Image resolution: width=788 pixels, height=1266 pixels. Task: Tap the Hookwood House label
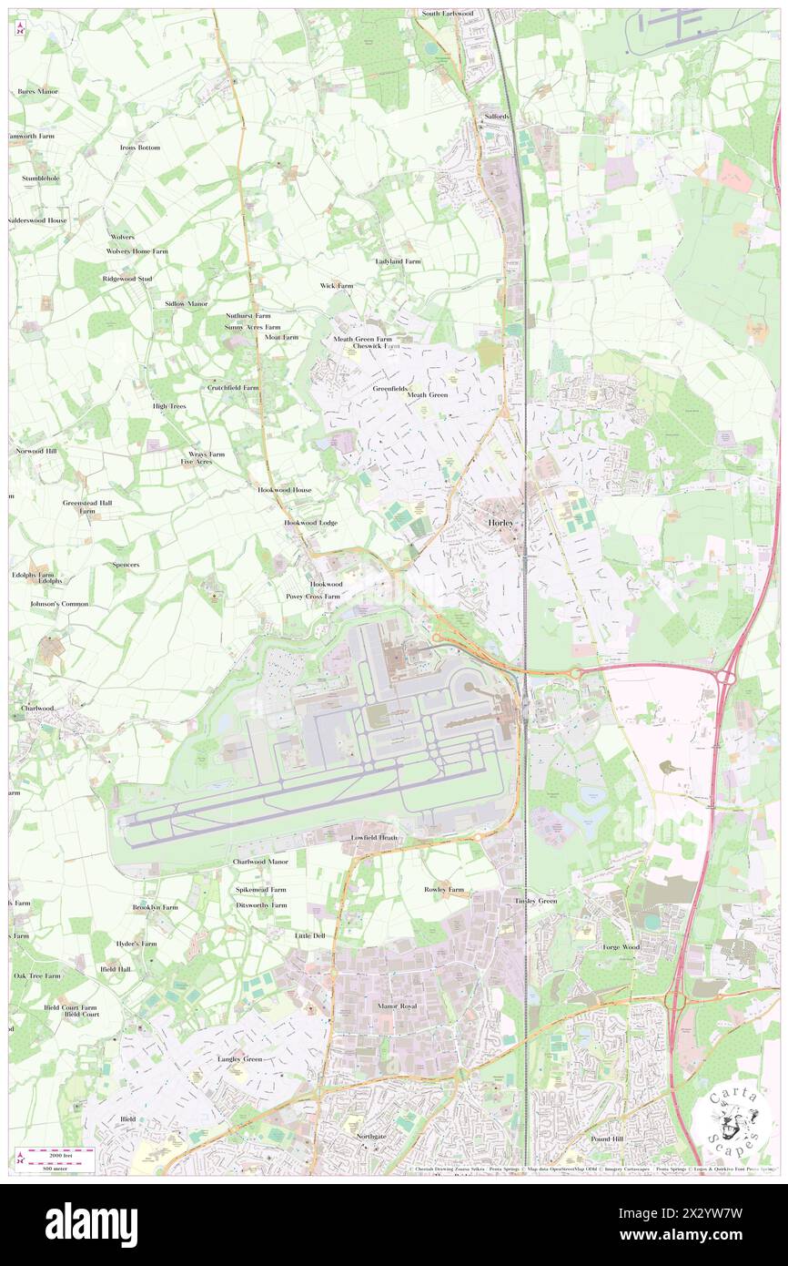point(284,490)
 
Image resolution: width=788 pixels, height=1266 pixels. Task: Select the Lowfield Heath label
point(374,837)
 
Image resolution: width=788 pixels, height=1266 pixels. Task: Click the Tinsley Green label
point(536,901)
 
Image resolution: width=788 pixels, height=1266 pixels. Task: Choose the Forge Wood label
point(621,947)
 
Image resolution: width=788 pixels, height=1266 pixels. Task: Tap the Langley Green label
point(239,1059)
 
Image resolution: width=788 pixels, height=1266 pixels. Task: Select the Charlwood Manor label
point(260,862)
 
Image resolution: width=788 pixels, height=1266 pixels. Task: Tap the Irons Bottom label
point(139,148)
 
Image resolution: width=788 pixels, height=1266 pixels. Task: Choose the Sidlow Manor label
point(187,303)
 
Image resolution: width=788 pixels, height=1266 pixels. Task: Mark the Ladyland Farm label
point(399,261)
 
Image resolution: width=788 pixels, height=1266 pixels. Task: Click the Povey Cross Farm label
point(313,597)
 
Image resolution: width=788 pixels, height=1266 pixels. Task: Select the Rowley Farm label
point(444,889)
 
